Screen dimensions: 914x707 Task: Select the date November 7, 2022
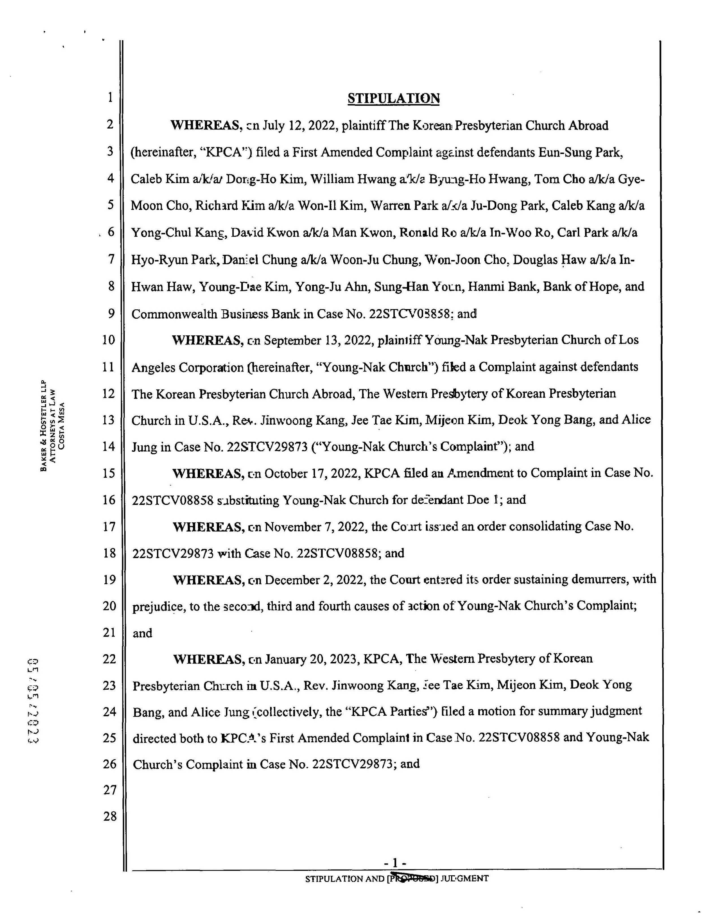(315, 526)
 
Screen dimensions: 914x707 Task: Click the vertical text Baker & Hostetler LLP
(43, 425)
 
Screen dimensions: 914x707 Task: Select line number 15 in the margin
(109, 473)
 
